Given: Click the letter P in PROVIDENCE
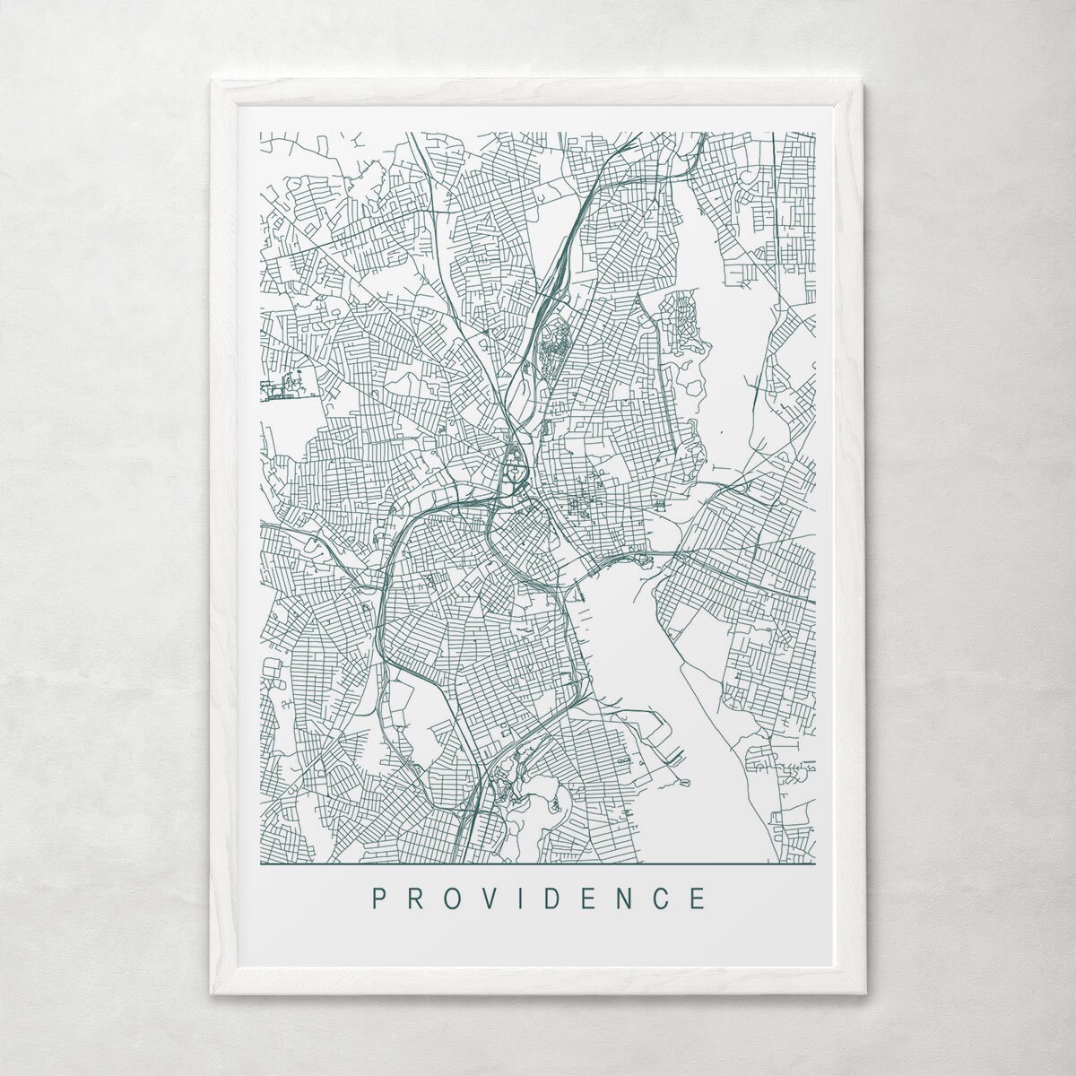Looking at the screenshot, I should point(380,898).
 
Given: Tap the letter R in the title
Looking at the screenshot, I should point(417,898).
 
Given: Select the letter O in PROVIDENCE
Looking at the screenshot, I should point(455,898).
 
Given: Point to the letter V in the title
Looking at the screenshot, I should point(493,898).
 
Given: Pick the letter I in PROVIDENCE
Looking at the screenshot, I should point(526,898).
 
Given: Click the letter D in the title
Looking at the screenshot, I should point(558,898).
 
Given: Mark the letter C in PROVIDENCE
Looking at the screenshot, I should point(664,898).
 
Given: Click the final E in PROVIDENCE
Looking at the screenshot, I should point(699,898).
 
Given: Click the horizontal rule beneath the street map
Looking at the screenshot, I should point(538,864).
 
